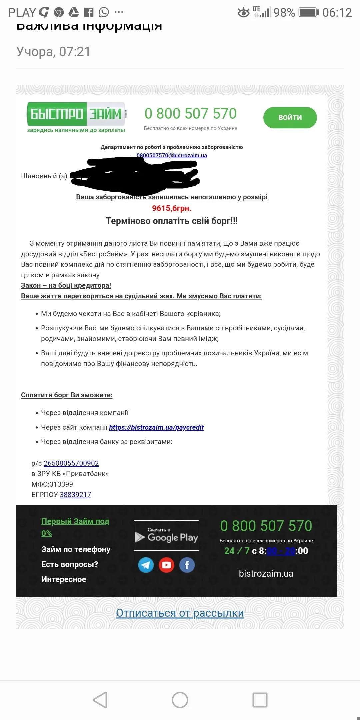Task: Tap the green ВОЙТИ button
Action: click(290, 118)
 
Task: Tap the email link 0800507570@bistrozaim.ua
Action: click(172, 155)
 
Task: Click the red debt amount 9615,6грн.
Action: click(172, 208)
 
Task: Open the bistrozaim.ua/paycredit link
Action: click(156, 427)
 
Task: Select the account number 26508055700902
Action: click(71, 463)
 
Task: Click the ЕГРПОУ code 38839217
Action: click(75, 495)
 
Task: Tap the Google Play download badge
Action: click(166, 535)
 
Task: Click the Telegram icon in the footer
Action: click(146, 565)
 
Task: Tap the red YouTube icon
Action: click(166, 565)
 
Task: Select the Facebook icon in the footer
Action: click(187, 565)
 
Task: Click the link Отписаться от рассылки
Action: click(180, 613)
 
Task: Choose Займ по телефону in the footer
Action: click(76, 549)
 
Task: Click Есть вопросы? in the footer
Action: click(70, 564)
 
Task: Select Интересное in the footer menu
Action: click(64, 579)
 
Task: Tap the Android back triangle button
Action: click(100, 700)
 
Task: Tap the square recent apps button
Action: click(260, 700)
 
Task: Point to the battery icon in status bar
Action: click(308, 13)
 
